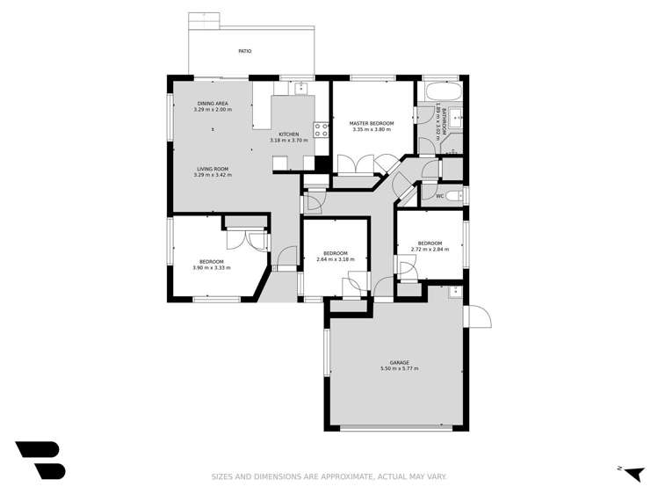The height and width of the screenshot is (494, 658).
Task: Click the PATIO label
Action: pos(244,52)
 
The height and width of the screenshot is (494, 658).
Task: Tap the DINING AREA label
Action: pos(213,104)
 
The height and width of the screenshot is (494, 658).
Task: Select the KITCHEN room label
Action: pos(289,134)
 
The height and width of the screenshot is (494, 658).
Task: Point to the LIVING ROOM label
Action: pos(212,168)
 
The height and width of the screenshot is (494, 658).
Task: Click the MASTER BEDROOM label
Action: pos(370,123)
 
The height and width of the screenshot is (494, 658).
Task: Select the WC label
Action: pos(439,196)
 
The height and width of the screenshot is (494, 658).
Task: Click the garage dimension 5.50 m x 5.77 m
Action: pos(400,368)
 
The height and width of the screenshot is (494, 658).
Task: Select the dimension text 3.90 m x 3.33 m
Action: pos(212,267)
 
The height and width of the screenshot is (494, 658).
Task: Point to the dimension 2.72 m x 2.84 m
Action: pos(430,249)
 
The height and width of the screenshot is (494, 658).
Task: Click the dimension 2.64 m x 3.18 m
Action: pos(331,259)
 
